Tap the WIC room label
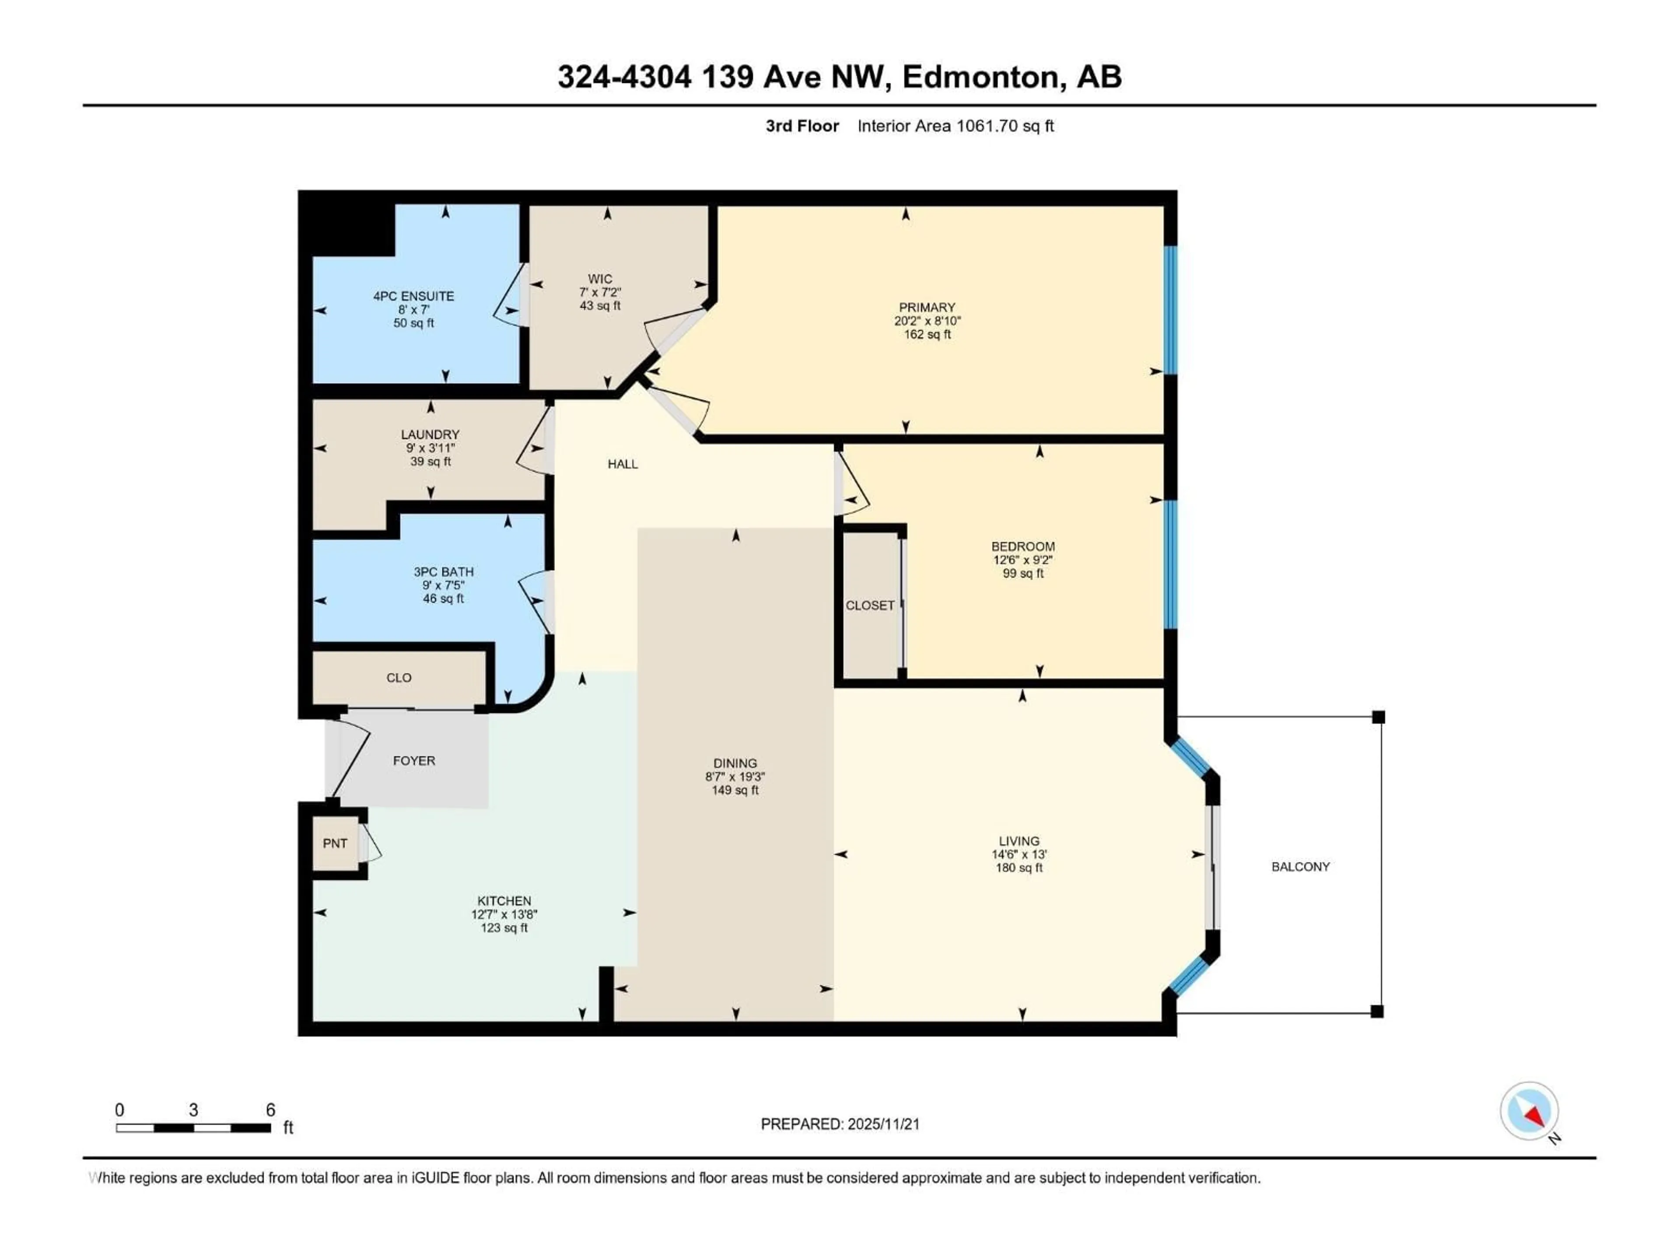(599, 279)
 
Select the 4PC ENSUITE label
(413, 296)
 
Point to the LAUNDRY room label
(430, 434)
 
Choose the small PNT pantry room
(335, 843)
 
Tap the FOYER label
(414, 760)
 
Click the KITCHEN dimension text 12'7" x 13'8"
(504, 914)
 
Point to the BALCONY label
(1300, 867)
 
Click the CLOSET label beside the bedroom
(870, 605)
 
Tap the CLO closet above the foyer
(399, 677)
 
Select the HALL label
(622, 464)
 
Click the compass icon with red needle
(1529, 1111)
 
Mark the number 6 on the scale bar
(270, 1110)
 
